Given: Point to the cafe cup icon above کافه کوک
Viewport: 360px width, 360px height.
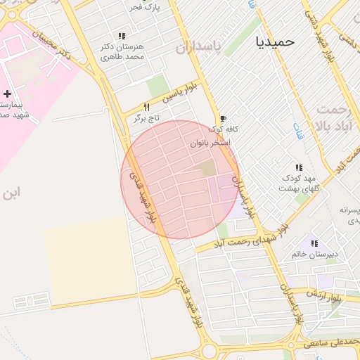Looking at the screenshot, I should pyautogui.click(x=223, y=119).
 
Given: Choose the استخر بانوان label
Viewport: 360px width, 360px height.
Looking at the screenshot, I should pyautogui.click(x=210, y=143).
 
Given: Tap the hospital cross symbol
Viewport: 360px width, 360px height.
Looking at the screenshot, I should pyautogui.click(x=7, y=94).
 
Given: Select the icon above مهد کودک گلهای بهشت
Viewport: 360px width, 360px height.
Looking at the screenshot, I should pyautogui.click(x=299, y=167).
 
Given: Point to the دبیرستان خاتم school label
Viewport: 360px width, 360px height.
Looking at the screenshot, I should pyautogui.click(x=315, y=254).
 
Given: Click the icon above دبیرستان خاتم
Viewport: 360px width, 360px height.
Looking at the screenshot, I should pyautogui.click(x=314, y=243).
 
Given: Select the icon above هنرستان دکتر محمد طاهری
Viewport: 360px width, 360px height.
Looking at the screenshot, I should pyautogui.click(x=122, y=36).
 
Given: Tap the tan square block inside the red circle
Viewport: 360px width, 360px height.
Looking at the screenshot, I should pyautogui.click(x=207, y=168).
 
